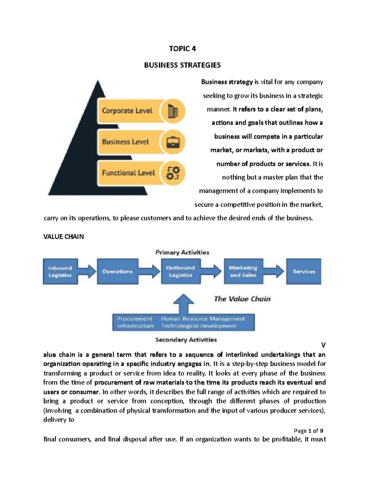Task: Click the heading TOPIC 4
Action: [x=182, y=49]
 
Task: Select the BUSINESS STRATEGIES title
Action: [x=182, y=65]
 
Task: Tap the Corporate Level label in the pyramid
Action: [x=127, y=111]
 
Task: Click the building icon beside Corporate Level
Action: [x=173, y=111]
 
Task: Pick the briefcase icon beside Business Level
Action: [x=173, y=142]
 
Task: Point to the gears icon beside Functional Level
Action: [x=173, y=173]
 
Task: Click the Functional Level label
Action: [x=128, y=173]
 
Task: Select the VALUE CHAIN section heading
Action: [x=63, y=237]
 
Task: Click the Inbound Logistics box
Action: [x=60, y=272]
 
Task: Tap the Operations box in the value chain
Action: [x=117, y=272]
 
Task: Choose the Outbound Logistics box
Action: [x=181, y=272]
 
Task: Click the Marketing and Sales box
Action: [x=243, y=272]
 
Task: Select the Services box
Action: [x=304, y=272]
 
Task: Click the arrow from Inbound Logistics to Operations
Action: [x=87, y=272]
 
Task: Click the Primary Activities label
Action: [x=182, y=252]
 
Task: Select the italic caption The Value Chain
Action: [x=242, y=299]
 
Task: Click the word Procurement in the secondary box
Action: [x=135, y=319]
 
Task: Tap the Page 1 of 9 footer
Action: [x=308, y=431]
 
